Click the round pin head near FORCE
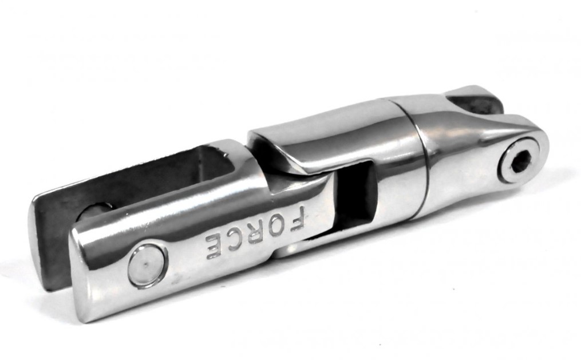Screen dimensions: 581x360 coord(147,265)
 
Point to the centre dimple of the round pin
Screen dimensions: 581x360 coord(147,265)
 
